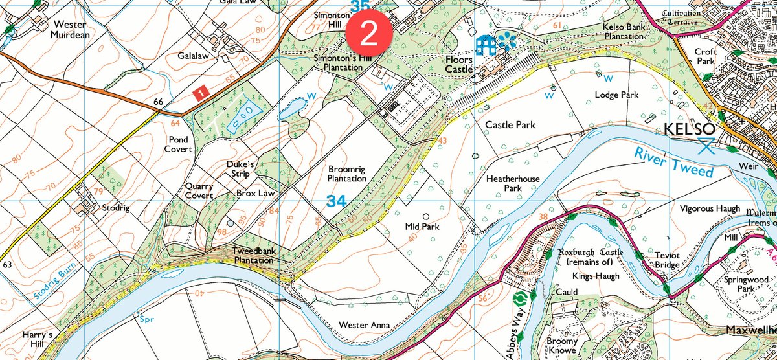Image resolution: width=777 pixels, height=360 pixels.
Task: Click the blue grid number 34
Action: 336,201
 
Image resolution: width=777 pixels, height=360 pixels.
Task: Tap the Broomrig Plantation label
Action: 346,174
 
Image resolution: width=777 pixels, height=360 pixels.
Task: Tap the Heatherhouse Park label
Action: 513,182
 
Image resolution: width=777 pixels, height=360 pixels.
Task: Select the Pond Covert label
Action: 179,144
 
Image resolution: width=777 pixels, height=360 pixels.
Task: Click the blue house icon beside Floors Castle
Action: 485,45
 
